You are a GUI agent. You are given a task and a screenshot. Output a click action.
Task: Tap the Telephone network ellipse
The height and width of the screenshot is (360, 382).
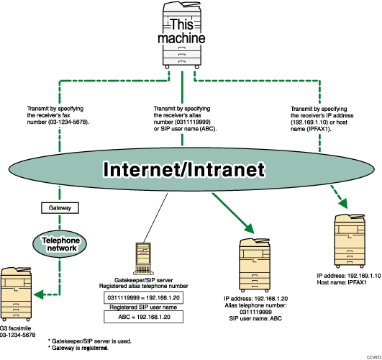[57, 243]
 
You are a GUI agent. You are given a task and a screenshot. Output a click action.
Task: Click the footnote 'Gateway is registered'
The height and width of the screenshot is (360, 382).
[78, 347]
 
